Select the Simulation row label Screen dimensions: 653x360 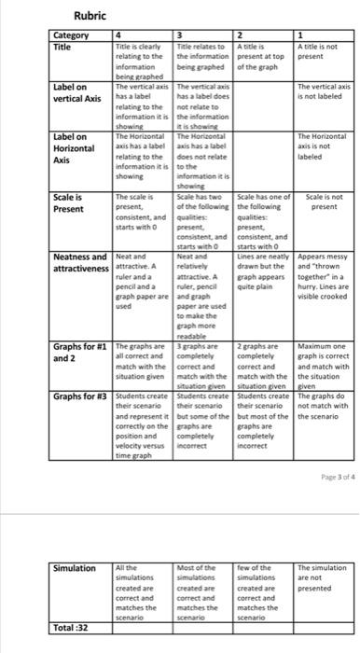(75, 542)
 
